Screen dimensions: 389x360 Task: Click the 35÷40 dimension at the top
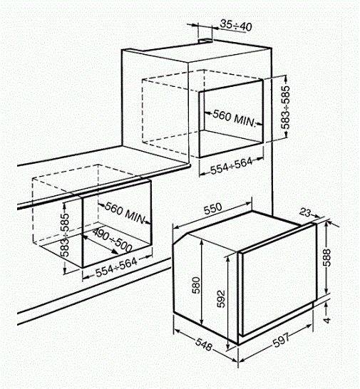tap(235, 25)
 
